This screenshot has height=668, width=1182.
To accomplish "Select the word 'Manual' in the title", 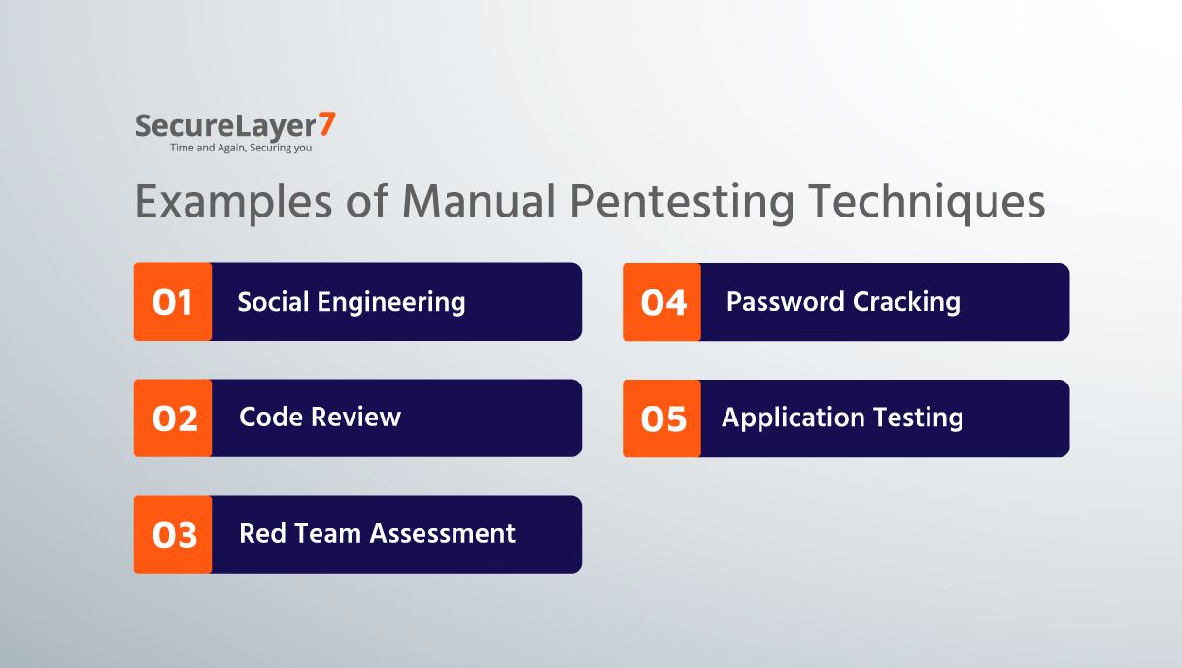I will [x=479, y=201].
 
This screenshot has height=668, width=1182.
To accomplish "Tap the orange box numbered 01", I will [x=173, y=302].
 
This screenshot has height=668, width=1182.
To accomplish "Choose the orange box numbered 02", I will [x=173, y=418].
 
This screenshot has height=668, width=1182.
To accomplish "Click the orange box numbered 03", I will [x=173, y=535].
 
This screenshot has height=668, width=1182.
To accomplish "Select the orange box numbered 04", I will [x=662, y=302].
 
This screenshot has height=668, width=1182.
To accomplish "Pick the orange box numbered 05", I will [x=662, y=418].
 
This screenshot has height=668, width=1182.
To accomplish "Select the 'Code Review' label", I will [x=320, y=417].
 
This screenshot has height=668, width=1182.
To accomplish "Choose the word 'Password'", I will [x=785, y=302].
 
